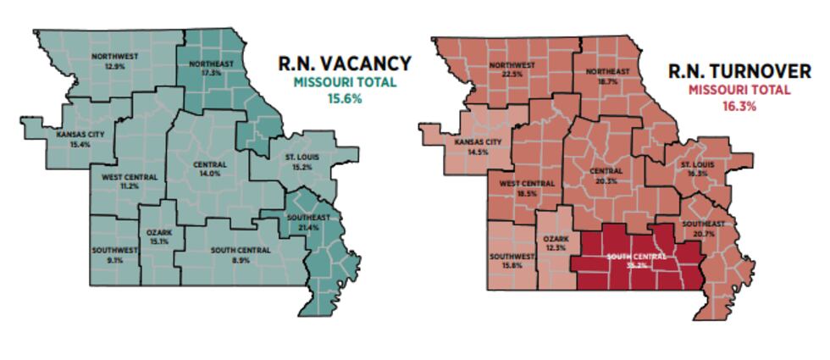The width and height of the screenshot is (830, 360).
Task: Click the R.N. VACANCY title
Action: point(345,64)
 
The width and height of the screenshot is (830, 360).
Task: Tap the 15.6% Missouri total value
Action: point(345,98)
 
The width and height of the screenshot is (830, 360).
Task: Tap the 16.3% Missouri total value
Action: point(739,107)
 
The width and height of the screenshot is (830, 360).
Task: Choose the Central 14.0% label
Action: point(209,168)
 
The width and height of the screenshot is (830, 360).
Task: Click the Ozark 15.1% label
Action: point(159,236)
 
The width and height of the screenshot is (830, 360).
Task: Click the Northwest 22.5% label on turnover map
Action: point(512,69)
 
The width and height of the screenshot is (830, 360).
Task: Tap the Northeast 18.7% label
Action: point(607,76)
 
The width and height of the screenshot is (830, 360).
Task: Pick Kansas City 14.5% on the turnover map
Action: point(479,147)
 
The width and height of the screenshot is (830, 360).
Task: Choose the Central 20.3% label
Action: point(606,175)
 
